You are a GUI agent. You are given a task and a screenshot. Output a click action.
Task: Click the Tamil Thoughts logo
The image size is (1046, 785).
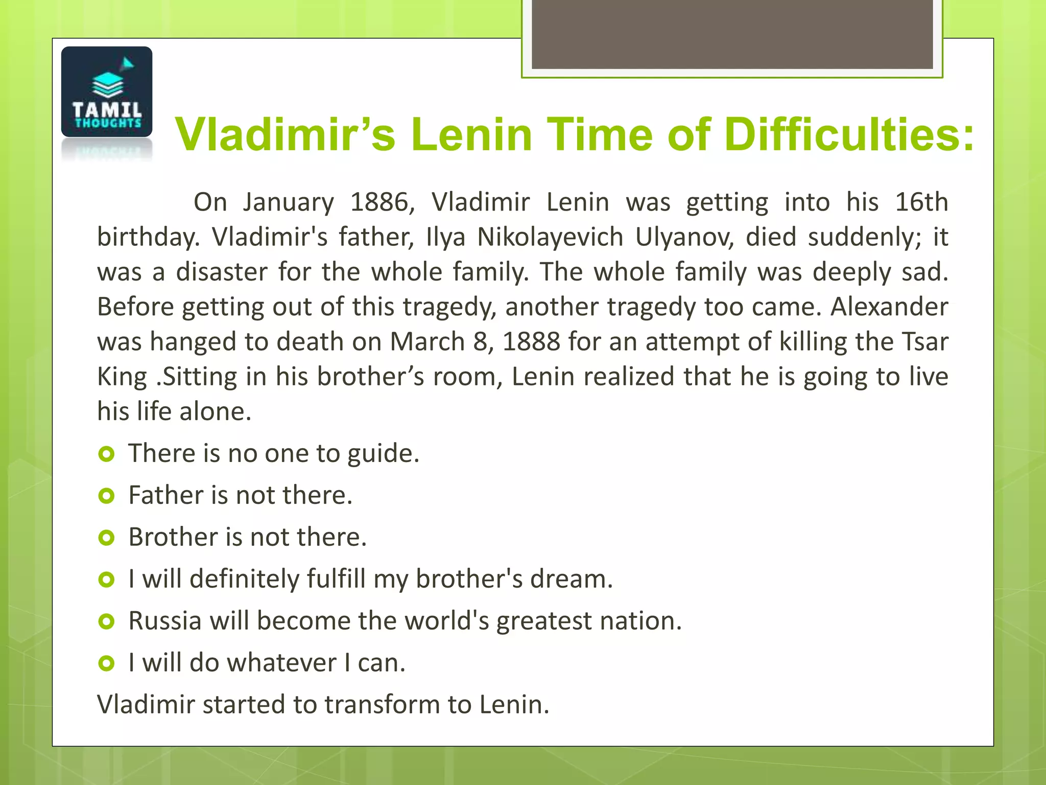(106, 92)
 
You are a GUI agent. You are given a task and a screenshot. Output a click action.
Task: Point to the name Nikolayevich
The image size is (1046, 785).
(550, 237)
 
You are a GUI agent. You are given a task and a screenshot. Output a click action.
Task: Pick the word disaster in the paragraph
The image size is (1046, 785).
(222, 272)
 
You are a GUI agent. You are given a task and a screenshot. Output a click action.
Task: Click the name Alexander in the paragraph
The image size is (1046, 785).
(889, 307)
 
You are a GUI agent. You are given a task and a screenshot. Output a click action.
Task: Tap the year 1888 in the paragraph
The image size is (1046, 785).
(531, 341)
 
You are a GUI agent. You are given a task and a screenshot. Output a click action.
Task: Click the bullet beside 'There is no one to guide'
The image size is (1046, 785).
(106, 453)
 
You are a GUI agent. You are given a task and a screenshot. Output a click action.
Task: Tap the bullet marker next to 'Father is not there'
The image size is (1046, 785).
(106, 495)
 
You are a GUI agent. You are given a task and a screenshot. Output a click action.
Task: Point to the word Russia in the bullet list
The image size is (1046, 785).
(164, 621)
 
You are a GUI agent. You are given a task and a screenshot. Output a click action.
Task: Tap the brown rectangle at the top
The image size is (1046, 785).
(732, 34)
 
